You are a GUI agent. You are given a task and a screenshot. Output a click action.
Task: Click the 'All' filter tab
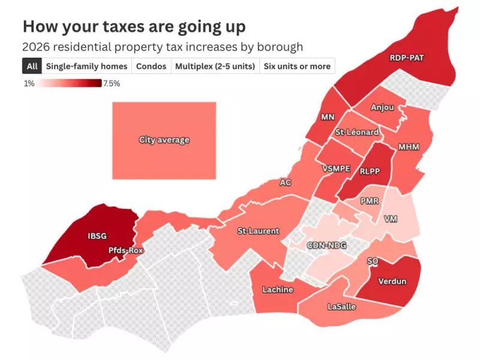(32, 66)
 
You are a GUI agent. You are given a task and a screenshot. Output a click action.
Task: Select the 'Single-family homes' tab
(87, 66)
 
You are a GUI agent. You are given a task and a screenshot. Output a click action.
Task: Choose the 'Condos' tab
(151, 66)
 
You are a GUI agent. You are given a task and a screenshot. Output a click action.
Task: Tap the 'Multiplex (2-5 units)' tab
(215, 66)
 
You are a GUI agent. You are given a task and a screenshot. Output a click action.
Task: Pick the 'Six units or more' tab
(297, 66)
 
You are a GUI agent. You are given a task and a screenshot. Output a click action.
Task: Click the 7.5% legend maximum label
(112, 83)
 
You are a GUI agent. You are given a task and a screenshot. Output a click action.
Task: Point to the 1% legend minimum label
(29, 83)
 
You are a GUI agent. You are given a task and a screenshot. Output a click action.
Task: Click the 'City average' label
(164, 140)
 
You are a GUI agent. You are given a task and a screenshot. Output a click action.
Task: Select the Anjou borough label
(382, 108)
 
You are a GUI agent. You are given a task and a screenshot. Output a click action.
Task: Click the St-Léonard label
(357, 132)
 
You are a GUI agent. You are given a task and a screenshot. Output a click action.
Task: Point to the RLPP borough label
(370, 172)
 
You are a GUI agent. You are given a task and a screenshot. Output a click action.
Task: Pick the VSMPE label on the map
(336, 169)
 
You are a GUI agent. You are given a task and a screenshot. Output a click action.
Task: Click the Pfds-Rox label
(126, 250)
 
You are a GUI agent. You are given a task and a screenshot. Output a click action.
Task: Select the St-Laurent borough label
(258, 231)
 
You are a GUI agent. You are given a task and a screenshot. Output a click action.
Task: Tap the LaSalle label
(341, 307)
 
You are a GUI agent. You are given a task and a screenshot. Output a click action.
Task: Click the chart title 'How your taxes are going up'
(134, 26)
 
